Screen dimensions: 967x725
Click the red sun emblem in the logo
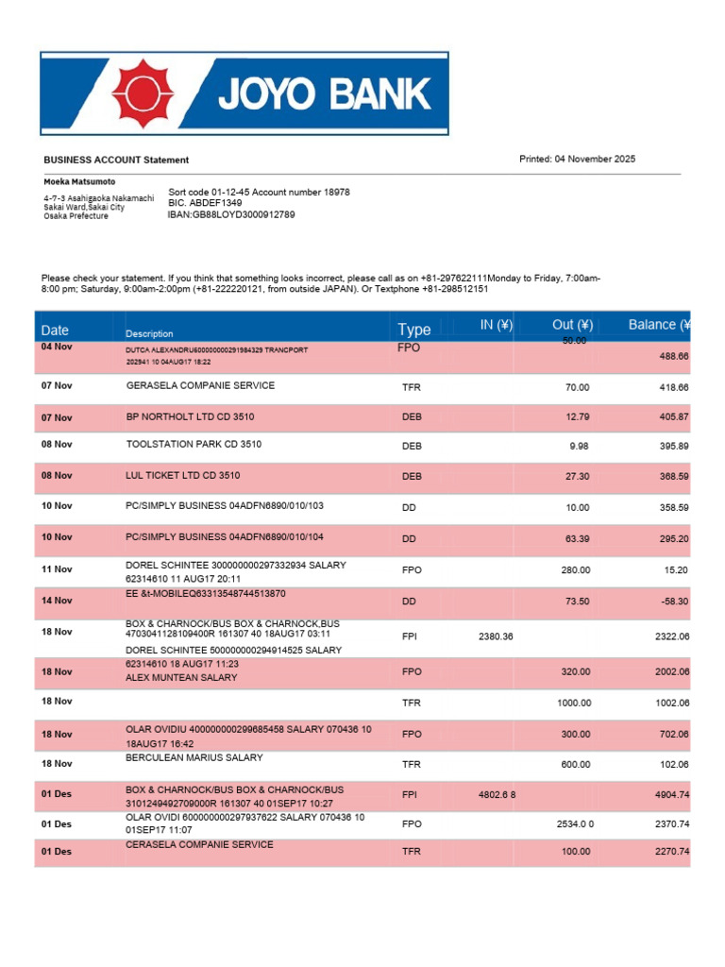[x=143, y=93]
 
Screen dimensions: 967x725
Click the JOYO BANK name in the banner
[x=326, y=94]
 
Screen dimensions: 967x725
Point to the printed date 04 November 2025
[x=577, y=159]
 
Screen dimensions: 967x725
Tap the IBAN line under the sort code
[x=231, y=214]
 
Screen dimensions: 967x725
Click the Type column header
[x=413, y=330]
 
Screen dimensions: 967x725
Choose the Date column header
[x=55, y=331]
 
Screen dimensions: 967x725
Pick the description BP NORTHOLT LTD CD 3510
[x=190, y=416]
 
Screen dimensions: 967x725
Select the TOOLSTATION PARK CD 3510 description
[x=194, y=444]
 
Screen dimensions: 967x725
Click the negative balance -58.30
[x=673, y=601]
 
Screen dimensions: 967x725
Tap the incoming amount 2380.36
[x=496, y=636]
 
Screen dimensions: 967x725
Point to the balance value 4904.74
[x=672, y=796]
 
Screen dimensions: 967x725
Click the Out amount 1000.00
[x=573, y=703]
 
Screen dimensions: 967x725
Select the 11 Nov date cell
[x=57, y=569]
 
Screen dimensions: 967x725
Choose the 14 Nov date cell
[x=57, y=601]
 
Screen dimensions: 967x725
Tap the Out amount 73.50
[x=577, y=601]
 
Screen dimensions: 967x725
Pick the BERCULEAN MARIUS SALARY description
[x=194, y=757]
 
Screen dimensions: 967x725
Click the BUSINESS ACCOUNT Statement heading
[x=116, y=161]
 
